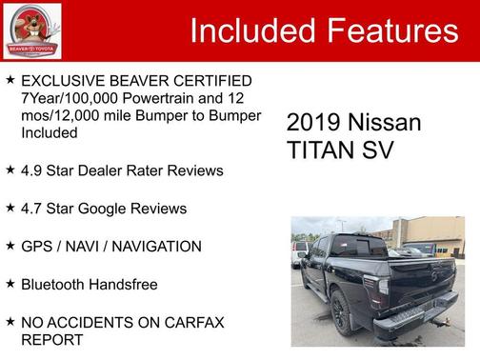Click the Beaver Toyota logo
31,30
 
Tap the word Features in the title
392,31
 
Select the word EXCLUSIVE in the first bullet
68,80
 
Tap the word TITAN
319,150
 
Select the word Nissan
384,123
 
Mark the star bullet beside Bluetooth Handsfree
10,284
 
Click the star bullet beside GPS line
10,246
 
